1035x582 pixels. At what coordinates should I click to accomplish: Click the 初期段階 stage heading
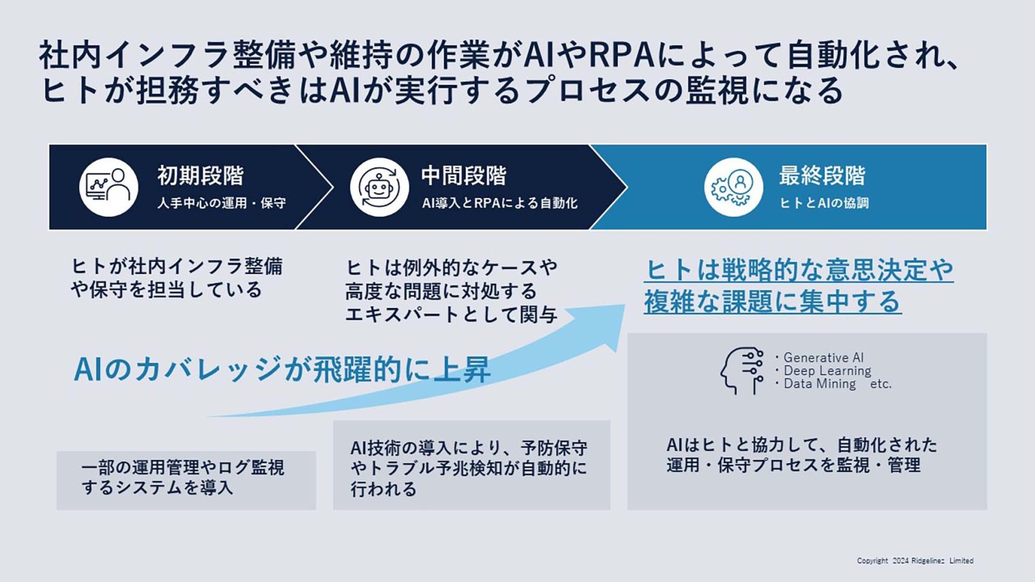[200, 175]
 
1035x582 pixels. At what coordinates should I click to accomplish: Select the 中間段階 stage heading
[464, 175]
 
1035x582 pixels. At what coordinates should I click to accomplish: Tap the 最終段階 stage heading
[823, 175]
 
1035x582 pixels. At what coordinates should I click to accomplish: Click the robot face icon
[379, 187]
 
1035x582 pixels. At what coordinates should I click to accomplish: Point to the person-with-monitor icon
[109, 187]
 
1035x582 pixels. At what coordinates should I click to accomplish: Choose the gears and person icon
[734, 187]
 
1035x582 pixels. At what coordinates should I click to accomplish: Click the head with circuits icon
[742, 371]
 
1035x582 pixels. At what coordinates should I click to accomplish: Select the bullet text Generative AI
[823, 357]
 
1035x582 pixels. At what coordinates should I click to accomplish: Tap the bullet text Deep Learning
[827, 371]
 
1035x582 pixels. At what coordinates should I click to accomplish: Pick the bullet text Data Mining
[819, 384]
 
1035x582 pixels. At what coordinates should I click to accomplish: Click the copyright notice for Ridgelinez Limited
[915, 561]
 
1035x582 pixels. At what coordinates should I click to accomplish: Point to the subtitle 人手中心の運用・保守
[221, 203]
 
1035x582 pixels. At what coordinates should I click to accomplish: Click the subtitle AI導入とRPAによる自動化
[499, 203]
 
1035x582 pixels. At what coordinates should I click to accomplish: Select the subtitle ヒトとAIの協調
[824, 203]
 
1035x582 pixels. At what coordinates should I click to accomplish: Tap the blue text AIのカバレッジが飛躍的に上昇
[282, 369]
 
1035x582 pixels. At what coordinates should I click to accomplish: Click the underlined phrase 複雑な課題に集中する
[772, 301]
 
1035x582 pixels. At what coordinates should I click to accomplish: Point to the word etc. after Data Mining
[880, 384]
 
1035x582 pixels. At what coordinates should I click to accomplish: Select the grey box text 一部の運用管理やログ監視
[183, 467]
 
